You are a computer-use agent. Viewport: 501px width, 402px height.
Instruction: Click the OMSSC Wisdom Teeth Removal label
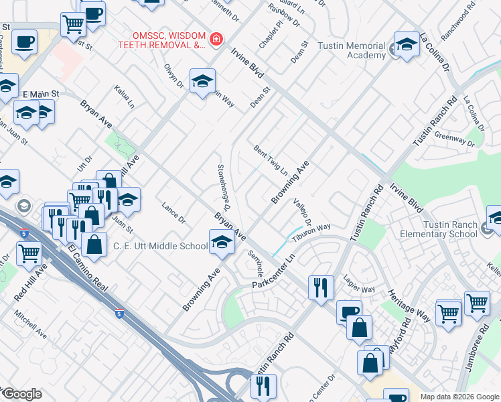pyautogui.click(x=161, y=40)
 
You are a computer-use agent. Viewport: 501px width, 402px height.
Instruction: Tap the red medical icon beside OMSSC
pyautogui.click(x=216, y=40)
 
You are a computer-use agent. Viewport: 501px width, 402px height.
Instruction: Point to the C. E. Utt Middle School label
pyautogui.click(x=159, y=246)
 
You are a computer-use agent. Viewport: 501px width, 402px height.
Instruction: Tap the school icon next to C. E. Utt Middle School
pyautogui.click(x=222, y=243)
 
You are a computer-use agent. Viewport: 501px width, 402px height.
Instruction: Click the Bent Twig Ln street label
pyautogui.click(x=271, y=159)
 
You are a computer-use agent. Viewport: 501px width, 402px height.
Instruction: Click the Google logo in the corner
pyautogui.click(x=21, y=394)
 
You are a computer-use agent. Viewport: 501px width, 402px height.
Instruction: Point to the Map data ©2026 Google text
pyautogui.click(x=459, y=397)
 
